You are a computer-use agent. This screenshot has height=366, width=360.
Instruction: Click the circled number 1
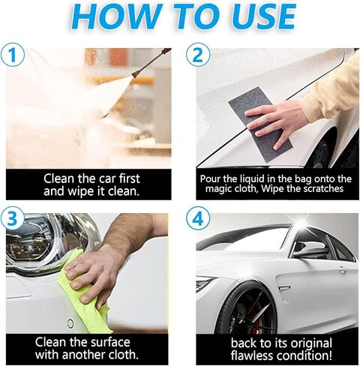[13, 55]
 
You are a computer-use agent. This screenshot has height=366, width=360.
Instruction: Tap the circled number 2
[198, 55]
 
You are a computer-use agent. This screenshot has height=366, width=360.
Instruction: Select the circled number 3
[13, 217]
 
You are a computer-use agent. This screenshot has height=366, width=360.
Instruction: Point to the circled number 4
[198, 219]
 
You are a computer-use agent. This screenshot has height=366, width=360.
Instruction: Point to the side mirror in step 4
[307, 249]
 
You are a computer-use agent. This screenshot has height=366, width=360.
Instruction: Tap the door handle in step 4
[342, 269]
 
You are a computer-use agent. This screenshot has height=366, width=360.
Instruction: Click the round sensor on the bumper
[70, 324]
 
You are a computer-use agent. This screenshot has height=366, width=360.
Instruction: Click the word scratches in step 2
[324, 188]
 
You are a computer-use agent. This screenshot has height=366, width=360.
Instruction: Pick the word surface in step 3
[107, 342]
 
